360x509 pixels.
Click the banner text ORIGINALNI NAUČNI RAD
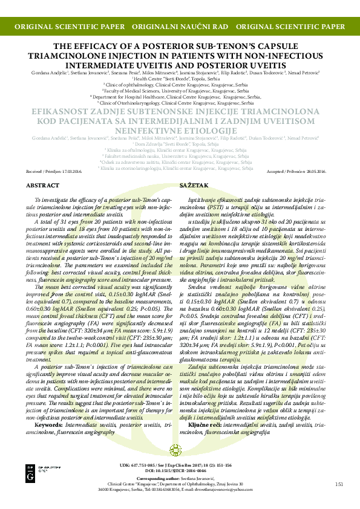[180, 27]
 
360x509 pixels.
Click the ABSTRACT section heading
[44, 185]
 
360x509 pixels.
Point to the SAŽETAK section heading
[194, 185]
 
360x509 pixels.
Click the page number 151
[339, 484]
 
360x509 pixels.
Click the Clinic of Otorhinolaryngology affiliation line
[180, 103]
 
